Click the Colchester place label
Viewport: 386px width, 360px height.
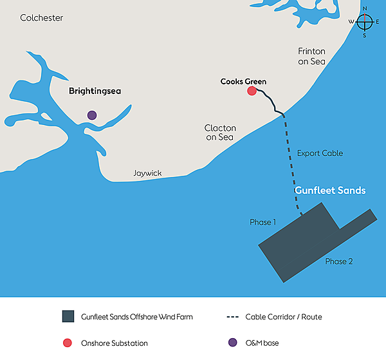tap(42, 18)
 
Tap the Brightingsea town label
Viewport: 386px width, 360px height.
tap(95, 91)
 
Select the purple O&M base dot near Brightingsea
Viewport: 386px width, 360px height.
tap(92, 115)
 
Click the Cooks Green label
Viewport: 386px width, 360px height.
tap(243, 82)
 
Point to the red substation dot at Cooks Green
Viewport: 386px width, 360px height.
tap(252, 91)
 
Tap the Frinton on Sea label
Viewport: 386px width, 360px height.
tap(311, 56)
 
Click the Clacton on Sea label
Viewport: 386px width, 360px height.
tap(220, 133)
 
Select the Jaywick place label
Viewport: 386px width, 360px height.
tap(147, 173)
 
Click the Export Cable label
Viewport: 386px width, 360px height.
tap(320, 153)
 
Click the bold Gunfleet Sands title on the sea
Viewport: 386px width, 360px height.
tap(330, 191)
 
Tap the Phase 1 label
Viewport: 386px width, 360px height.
tap(262, 222)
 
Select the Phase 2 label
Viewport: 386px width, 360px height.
tap(339, 261)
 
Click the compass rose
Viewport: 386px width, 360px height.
tap(365, 22)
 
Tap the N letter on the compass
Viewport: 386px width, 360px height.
tap(365, 9)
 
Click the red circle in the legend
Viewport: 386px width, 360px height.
tap(68, 343)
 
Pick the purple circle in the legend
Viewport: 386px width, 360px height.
tap(232, 343)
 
